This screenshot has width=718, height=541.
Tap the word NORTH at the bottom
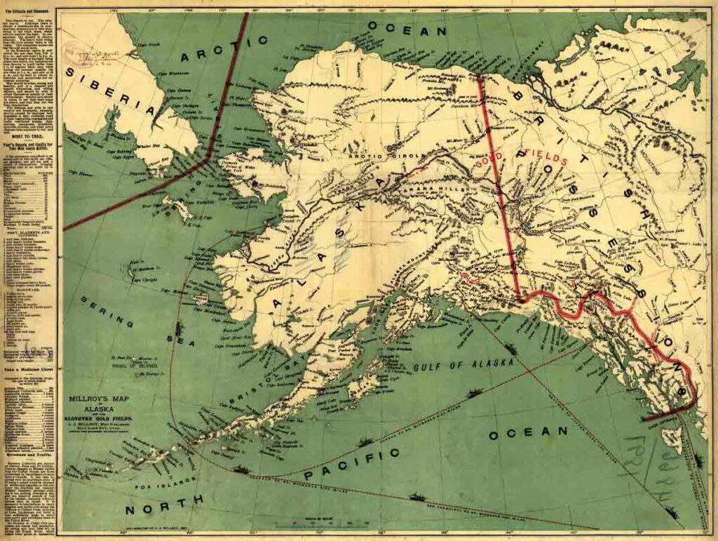click(165, 502)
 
